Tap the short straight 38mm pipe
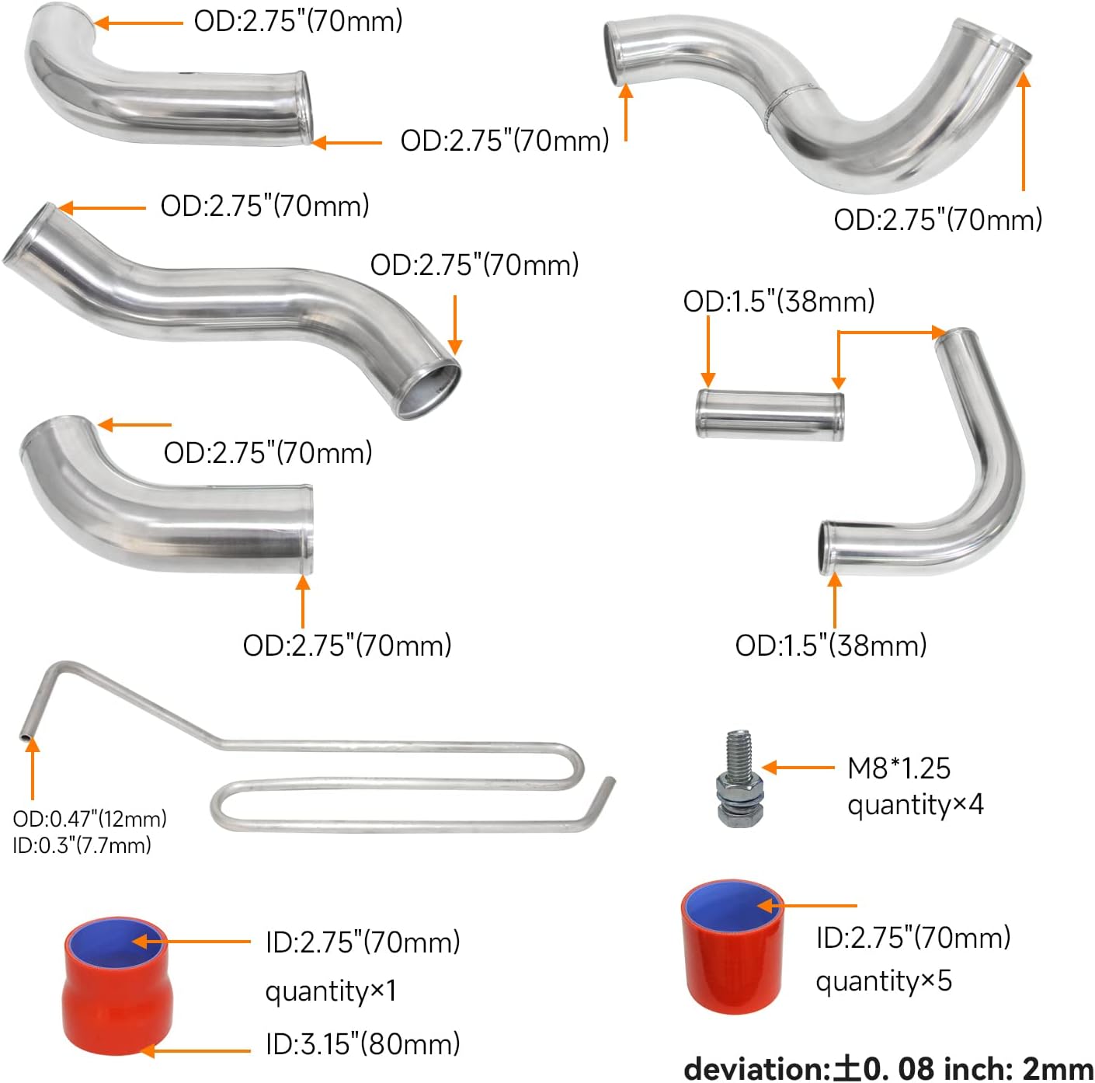point(770,415)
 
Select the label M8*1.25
point(899,768)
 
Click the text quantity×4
point(915,805)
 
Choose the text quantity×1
point(331,991)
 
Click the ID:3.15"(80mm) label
point(363,1043)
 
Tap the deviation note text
point(888,1069)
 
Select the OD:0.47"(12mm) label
point(90,819)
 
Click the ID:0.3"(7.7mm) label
point(82,845)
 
